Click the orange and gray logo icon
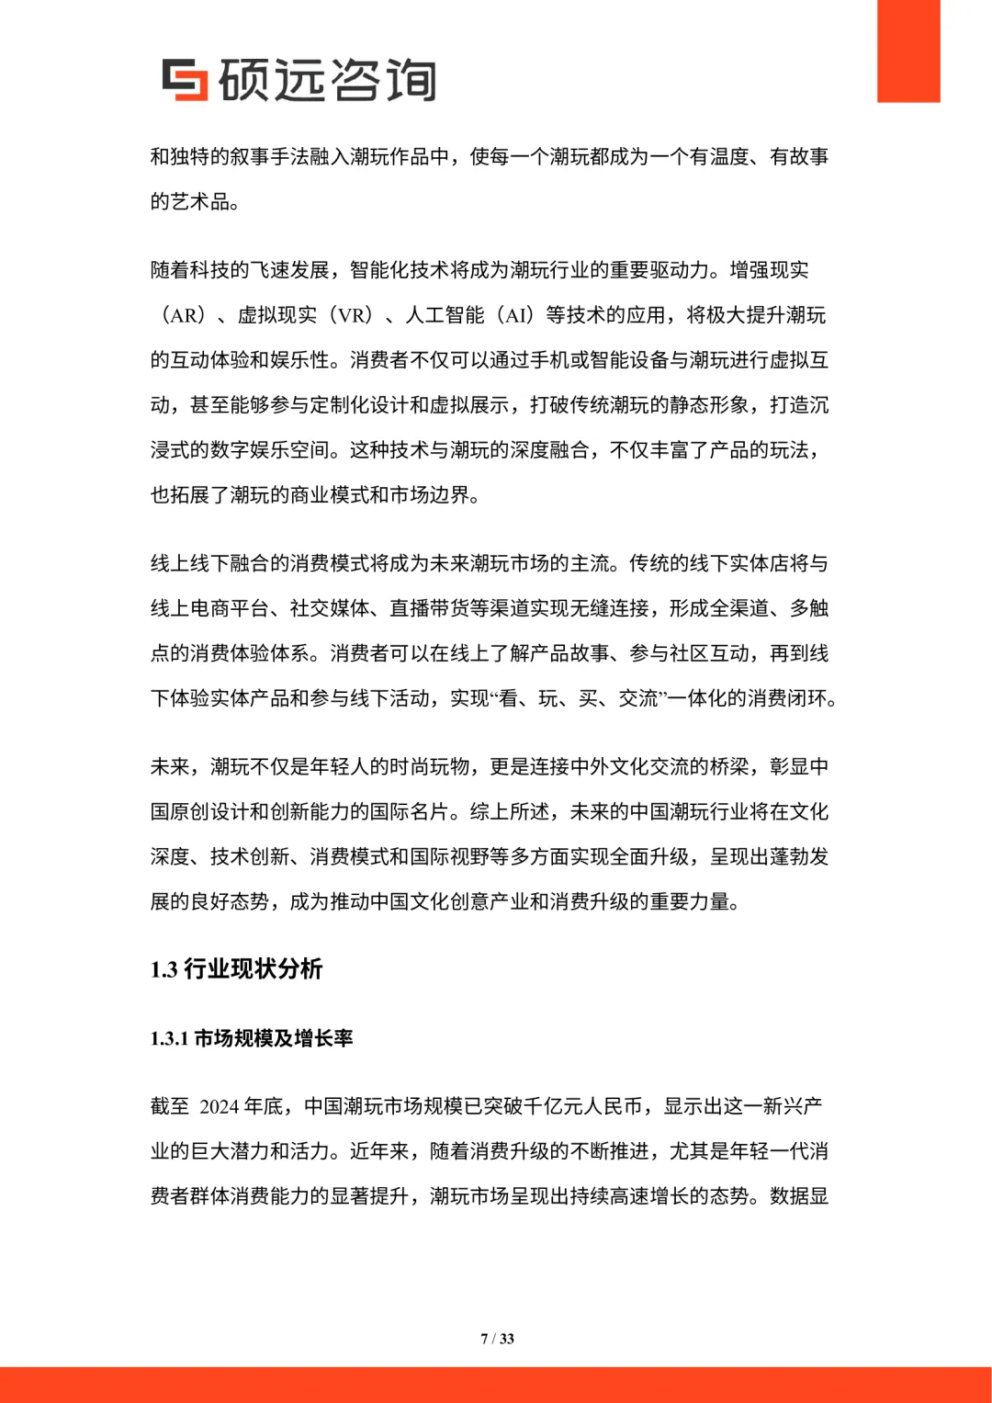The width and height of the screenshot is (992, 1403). pyautogui.click(x=185, y=79)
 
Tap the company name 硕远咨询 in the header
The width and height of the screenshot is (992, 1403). pyautogui.click(x=327, y=80)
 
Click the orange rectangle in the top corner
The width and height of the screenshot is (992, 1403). pyautogui.click(x=907, y=51)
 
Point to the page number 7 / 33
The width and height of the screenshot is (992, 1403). pyautogui.click(x=497, y=1339)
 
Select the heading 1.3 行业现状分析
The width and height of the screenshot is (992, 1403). pyautogui.click(x=236, y=969)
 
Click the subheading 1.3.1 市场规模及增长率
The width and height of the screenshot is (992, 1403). pyautogui.click(x=252, y=1038)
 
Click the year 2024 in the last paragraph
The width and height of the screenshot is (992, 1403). pyautogui.click(x=220, y=1107)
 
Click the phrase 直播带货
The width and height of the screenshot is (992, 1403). pyautogui.click(x=429, y=608)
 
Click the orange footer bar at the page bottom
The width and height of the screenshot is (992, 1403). pyautogui.click(x=496, y=1385)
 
